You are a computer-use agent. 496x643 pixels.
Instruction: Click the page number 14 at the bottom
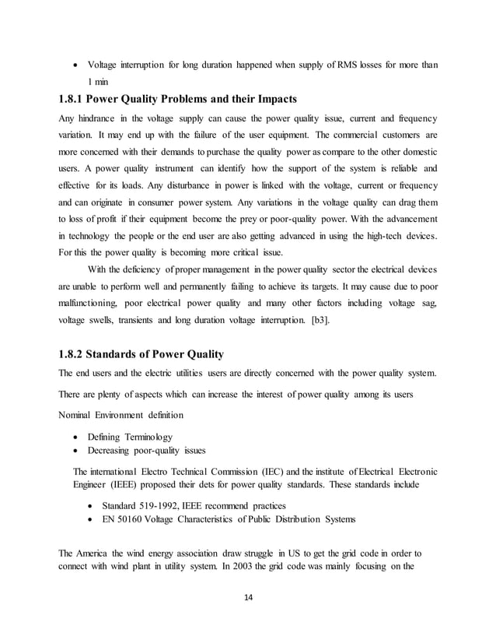(247, 598)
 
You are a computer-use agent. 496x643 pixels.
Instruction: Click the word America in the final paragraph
(96, 553)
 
